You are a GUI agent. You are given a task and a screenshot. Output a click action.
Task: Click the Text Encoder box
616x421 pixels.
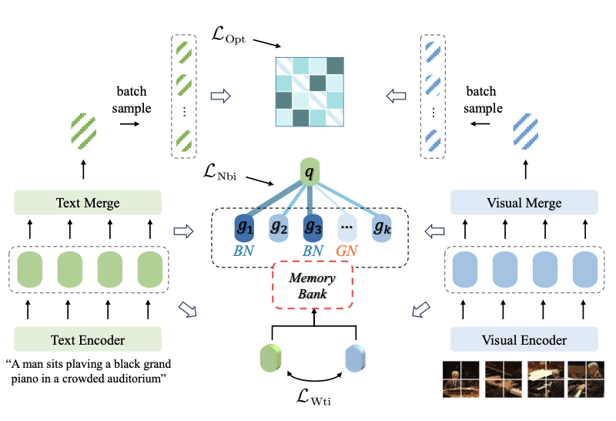pos(88,339)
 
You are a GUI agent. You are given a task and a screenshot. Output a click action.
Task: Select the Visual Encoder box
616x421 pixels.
pos(524,339)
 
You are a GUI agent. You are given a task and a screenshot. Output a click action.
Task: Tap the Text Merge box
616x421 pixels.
pos(88,204)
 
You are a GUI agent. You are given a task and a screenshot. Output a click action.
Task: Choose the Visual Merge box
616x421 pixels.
pos(524,204)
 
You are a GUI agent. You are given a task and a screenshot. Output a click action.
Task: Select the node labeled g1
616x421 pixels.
pos(246,228)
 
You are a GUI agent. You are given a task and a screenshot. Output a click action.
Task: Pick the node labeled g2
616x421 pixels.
pos(280,228)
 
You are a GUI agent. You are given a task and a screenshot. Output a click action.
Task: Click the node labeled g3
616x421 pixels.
pos(312,228)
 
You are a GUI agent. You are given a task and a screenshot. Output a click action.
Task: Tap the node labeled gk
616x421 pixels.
pos(380,228)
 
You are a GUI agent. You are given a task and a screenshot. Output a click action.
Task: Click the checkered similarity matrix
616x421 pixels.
pos(310,92)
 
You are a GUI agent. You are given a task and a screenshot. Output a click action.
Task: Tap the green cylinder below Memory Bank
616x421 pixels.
pos(273,359)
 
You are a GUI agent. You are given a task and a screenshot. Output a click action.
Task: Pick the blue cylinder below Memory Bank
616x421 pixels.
pos(357,359)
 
